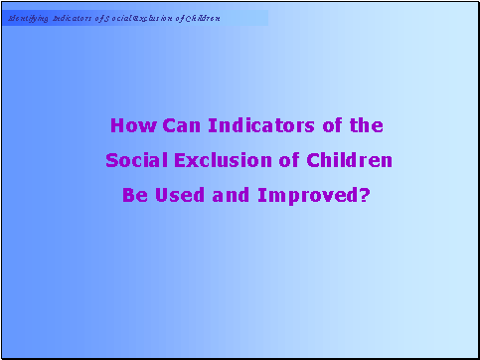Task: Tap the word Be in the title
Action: point(133,195)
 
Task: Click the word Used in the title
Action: point(177,195)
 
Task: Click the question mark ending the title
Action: point(364,195)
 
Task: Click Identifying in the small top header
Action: point(28,19)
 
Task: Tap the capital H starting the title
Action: point(117,126)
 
